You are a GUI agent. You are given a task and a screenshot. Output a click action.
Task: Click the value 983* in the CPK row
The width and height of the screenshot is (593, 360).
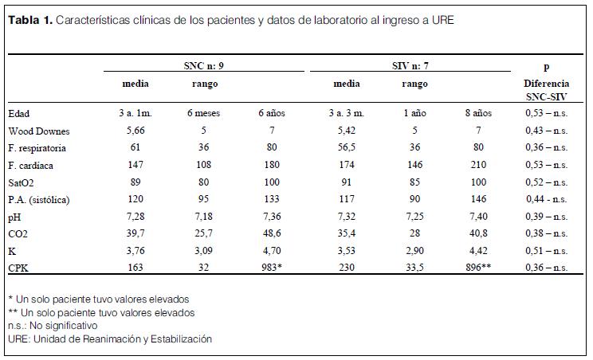271,269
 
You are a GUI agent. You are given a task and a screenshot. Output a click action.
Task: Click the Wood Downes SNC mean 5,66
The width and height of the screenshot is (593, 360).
135,131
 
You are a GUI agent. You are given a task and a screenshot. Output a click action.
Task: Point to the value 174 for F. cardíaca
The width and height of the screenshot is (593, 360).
345,166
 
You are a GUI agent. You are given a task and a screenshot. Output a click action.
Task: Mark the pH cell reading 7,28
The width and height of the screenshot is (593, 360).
135,217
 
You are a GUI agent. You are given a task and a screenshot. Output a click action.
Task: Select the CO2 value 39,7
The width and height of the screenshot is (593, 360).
135,235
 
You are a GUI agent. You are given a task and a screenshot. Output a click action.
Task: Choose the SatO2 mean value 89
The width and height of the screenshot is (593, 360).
135,182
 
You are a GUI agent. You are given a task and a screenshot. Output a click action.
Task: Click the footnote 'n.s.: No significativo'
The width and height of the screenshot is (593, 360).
52,326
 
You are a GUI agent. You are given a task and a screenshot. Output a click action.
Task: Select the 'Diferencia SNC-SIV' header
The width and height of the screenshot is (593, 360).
546,89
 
